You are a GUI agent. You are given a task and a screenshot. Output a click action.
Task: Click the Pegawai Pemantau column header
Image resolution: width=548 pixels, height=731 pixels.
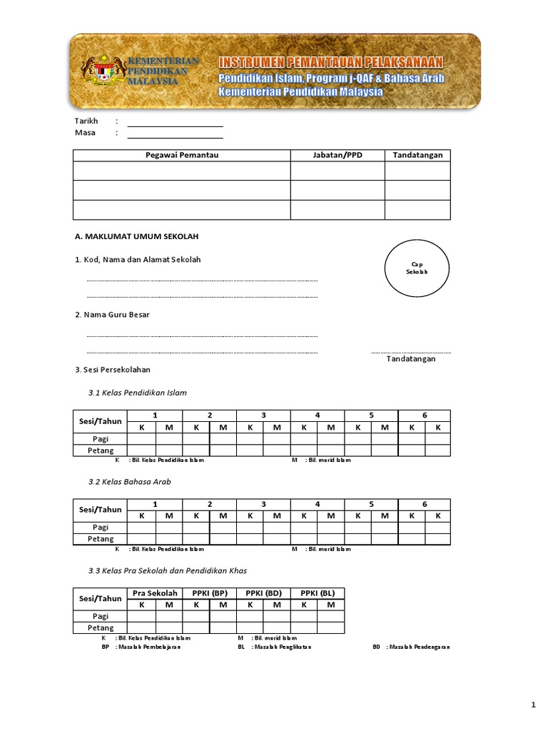[182, 156]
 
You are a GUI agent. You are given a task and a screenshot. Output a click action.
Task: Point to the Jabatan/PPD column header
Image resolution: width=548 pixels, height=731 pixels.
[338, 156]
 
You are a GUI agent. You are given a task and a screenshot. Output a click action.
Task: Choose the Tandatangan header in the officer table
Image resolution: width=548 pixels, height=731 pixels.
[417, 156]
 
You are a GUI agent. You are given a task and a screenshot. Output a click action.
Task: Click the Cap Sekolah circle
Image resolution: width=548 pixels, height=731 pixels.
[417, 268]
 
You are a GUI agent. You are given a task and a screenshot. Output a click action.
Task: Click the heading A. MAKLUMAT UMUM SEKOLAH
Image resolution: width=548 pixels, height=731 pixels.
[136, 236]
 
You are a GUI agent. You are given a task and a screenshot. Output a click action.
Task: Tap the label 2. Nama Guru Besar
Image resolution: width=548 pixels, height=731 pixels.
[113, 314]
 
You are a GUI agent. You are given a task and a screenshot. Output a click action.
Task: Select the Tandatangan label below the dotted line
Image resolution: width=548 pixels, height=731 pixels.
[411, 358]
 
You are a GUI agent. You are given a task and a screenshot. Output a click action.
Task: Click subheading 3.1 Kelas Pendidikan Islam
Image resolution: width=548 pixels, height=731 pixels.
[137, 393]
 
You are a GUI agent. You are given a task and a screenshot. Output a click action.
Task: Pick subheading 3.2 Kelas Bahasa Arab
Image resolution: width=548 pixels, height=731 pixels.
[129, 482]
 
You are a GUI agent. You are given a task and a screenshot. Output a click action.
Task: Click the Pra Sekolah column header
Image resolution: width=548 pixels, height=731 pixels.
[155, 593]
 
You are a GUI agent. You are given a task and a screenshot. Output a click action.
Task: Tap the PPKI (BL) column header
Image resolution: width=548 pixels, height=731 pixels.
[318, 593]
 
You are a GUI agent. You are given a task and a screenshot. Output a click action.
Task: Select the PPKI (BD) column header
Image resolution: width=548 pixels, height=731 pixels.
[263, 593]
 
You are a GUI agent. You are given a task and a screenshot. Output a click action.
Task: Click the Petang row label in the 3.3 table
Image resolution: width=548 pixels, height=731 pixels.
[101, 627]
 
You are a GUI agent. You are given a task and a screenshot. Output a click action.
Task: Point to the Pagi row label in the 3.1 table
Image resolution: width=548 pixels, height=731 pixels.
[101, 438]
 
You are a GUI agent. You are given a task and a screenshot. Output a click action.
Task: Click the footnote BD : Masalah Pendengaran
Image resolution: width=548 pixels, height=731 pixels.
[411, 647]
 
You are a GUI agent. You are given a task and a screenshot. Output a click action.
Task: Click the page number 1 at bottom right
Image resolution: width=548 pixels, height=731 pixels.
[533, 706]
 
